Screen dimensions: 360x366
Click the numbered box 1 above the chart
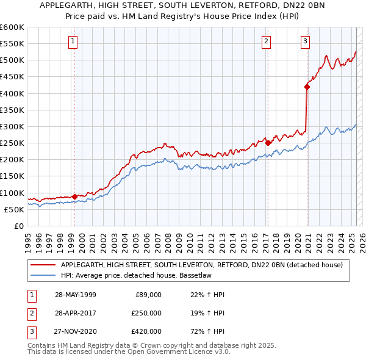click(73, 41)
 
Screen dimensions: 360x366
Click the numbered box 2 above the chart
click(267, 41)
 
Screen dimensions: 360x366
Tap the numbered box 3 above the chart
click(305, 41)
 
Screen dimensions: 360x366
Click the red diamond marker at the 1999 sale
click(74, 196)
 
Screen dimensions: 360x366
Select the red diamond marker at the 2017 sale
click(268, 143)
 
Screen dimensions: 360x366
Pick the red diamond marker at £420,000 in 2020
click(307, 87)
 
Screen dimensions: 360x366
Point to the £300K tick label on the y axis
click(12, 126)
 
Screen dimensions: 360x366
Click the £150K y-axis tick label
click(12, 176)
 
